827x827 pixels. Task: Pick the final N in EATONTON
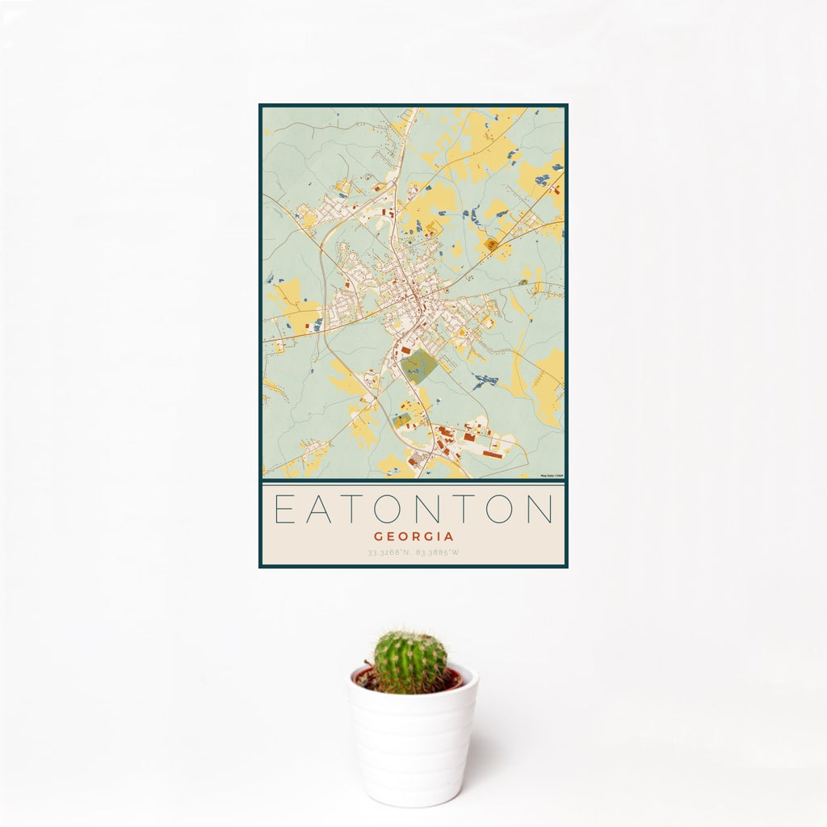click(x=538, y=510)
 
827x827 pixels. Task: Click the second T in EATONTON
click(x=466, y=510)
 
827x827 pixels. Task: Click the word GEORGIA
click(x=413, y=536)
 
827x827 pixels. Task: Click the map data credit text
click(x=552, y=476)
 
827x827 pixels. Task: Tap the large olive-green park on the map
click(x=418, y=367)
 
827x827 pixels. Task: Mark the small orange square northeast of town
click(x=490, y=244)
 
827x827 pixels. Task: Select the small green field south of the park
click(x=401, y=420)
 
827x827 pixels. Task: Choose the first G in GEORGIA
click(x=379, y=536)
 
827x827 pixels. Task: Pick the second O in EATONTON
click(x=502, y=510)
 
